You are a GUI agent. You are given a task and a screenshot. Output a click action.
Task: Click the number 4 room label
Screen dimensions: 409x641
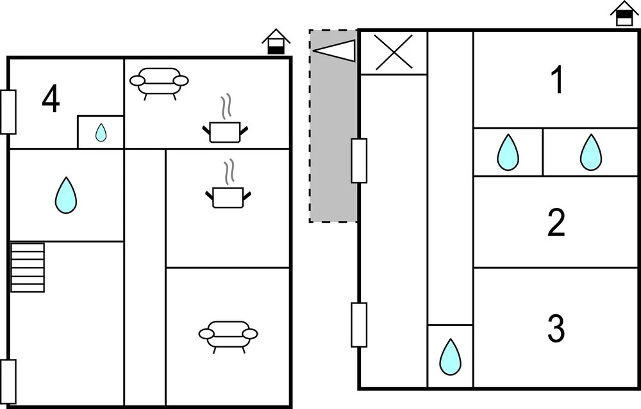click(x=51, y=100)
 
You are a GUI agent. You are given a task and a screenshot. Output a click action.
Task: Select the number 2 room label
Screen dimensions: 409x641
click(x=556, y=223)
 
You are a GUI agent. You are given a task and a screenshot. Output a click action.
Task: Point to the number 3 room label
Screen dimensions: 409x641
click(x=556, y=328)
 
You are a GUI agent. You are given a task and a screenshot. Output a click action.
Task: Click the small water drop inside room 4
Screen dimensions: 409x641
click(x=101, y=132)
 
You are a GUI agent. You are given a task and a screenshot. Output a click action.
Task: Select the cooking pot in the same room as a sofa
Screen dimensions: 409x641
click(x=225, y=129)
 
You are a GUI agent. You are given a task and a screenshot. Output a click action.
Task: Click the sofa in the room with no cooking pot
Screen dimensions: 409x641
click(x=228, y=335)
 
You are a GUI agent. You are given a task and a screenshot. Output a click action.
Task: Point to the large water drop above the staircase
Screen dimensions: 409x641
click(x=65, y=195)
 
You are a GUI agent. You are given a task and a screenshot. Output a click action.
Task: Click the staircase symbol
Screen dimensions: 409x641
click(x=28, y=267)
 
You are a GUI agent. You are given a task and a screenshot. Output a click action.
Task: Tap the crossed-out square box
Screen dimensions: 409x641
click(x=394, y=52)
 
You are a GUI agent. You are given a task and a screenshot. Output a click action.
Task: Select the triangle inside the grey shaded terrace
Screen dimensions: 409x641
click(x=337, y=51)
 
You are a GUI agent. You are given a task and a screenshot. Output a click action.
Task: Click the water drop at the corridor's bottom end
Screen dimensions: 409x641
click(x=450, y=357)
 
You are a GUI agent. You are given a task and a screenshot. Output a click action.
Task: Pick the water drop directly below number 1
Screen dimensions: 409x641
click(x=590, y=152)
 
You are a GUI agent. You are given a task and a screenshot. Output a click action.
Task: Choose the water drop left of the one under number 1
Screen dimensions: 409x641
click(x=508, y=152)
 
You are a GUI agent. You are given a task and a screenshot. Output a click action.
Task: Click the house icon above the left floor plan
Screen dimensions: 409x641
click(x=276, y=42)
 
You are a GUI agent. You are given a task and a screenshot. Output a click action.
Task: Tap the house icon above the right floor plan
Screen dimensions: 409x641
click(x=624, y=14)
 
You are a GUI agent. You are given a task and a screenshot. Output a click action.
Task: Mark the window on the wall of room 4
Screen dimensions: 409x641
click(x=8, y=112)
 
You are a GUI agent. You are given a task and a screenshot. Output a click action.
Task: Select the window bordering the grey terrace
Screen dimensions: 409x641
click(x=359, y=161)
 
